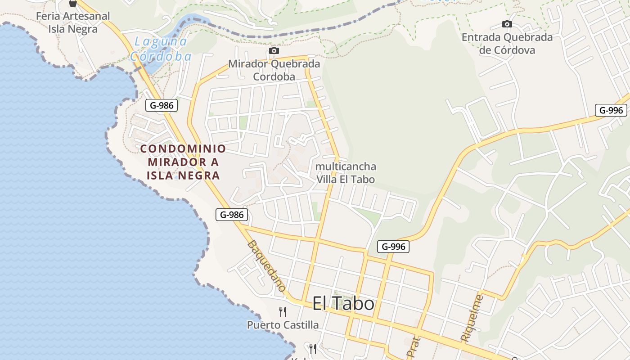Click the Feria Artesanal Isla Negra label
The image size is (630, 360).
(73, 22)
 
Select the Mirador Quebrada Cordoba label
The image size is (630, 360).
(274, 70)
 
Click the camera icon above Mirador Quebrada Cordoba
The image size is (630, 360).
(274, 51)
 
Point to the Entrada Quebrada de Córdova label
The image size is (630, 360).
(507, 44)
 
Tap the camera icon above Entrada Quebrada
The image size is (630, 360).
(507, 24)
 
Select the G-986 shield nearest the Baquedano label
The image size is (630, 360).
(232, 215)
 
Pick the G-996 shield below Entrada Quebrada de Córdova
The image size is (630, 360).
(611, 110)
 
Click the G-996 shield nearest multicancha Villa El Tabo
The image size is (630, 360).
(393, 246)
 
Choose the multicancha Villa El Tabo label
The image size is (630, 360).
(346, 173)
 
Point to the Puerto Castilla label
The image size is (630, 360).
(283, 325)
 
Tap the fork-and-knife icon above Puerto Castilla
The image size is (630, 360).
(283, 311)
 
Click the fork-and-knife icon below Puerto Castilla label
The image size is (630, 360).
(313, 348)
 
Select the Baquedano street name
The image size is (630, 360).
(266, 265)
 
